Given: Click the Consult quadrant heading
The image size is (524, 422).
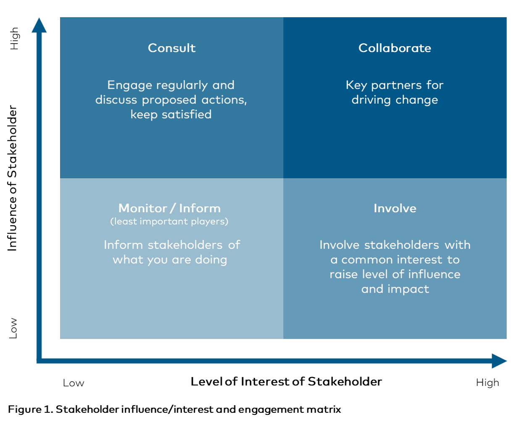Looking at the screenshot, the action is click(172, 48).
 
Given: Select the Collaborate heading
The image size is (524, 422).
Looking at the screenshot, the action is click(395, 48).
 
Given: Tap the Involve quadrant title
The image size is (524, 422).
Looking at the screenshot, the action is click(395, 208).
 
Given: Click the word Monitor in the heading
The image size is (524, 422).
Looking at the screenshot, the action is click(143, 208).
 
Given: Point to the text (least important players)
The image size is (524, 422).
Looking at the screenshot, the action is click(169, 222).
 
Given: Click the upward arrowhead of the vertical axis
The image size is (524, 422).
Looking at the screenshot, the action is click(39, 25).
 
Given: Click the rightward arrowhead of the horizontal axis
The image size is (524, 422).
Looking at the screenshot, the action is click(499, 361).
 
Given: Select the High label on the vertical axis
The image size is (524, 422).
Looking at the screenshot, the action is click(14, 39).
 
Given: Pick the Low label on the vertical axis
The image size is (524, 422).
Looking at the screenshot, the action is click(13, 328).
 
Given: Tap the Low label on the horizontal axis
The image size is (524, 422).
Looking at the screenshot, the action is click(74, 383).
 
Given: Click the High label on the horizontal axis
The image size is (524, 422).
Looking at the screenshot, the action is click(487, 383).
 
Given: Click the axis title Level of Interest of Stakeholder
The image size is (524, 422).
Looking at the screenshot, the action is click(286, 382).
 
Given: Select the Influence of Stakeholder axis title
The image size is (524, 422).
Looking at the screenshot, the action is click(12, 178).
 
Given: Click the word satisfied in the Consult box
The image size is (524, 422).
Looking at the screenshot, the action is click(187, 114).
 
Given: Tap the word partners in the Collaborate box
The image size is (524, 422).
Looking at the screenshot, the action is click(396, 85).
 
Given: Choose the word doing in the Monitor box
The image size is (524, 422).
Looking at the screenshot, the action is click(211, 260).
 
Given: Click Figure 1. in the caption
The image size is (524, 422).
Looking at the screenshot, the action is click(30, 409).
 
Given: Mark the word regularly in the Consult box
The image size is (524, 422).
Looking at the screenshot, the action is click(182, 85).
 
